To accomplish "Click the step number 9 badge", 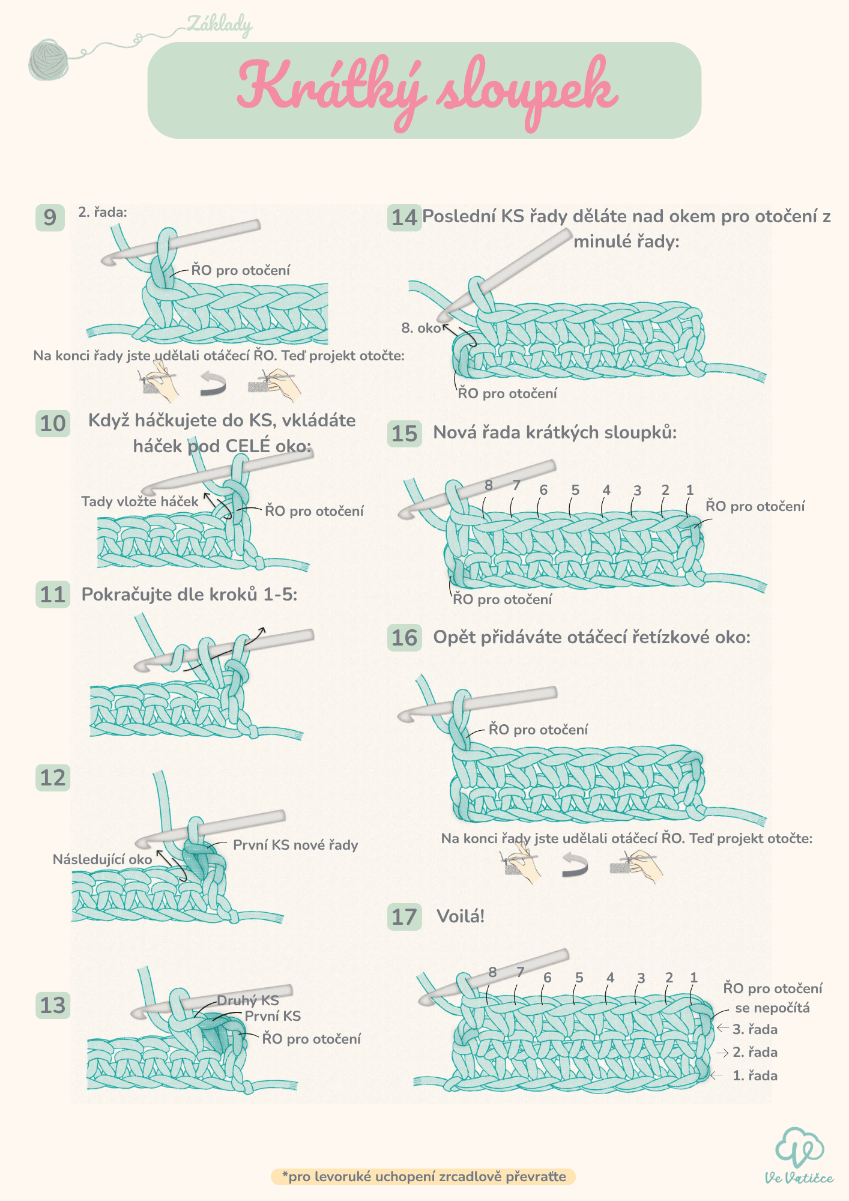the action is [x=50, y=217].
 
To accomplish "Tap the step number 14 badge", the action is [x=404, y=217].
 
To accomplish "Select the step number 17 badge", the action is [x=404, y=917].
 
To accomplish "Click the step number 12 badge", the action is [x=53, y=778].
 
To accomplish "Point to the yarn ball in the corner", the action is [x=49, y=59].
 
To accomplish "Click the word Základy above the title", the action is [x=220, y=25].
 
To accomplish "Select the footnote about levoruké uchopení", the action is [x=423, y=1176].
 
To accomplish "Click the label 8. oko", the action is [x=421, y=328].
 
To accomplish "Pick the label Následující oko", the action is [x=102, y=859].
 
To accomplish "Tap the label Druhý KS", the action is [x=248, y=1000].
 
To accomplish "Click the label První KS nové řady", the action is [x=295, y=845].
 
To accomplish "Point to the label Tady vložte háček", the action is [x=139, y=501].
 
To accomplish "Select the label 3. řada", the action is [x=755, y=1029].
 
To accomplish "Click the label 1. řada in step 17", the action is [x=755, y=1075].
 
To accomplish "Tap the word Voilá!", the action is [x=461, y=916].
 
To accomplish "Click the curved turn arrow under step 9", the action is [x=213, y=384].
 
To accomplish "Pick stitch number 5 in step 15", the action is [x=575, y=490].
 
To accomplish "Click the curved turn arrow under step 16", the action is [x=575, y=864].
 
